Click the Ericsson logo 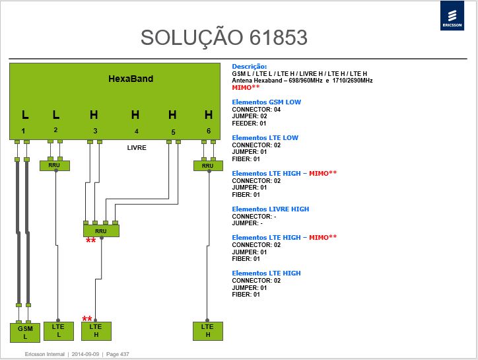452,16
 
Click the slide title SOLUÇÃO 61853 224,38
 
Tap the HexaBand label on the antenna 131,79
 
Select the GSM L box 25,332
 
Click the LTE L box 59,331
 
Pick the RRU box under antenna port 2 55,165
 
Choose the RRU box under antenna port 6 208,166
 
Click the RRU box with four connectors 101,231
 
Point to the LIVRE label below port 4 137,148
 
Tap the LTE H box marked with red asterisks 96,331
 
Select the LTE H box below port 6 207,331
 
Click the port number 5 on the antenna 173,132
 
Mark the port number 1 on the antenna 23,131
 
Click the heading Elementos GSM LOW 267,102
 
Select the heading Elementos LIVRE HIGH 271,209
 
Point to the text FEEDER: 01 249,124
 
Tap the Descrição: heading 250,67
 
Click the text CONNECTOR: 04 256,110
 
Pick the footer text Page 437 118,354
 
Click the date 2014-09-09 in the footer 85,354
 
